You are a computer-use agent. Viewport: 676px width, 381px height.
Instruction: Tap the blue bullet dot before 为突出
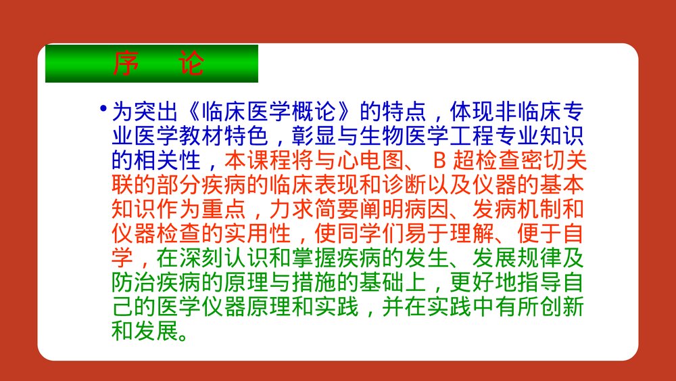tap(103, 109)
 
